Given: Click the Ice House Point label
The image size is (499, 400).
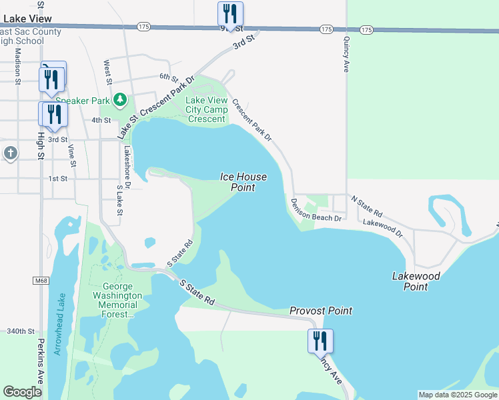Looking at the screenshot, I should tap(244, 182).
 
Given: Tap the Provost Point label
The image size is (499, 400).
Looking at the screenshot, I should tap(321, 311).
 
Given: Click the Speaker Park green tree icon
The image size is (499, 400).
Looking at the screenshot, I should tap(120, 100).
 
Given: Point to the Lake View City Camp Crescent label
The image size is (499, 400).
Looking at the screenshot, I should tap(206, 110).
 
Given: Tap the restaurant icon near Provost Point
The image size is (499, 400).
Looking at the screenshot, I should tap(320, 341).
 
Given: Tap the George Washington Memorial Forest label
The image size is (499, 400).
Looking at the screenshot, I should tap(117, 300).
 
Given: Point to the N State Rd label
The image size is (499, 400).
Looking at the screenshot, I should tap(367, 207).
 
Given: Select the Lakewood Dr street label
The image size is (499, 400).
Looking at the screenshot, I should tap(383, 228).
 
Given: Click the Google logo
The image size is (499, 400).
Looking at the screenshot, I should tap(22, 392).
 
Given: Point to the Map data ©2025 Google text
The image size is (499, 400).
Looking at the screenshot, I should tap(458, 395).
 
